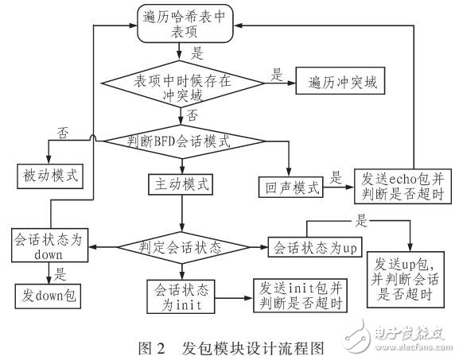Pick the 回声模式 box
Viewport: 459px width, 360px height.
click(x=291, y=188)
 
